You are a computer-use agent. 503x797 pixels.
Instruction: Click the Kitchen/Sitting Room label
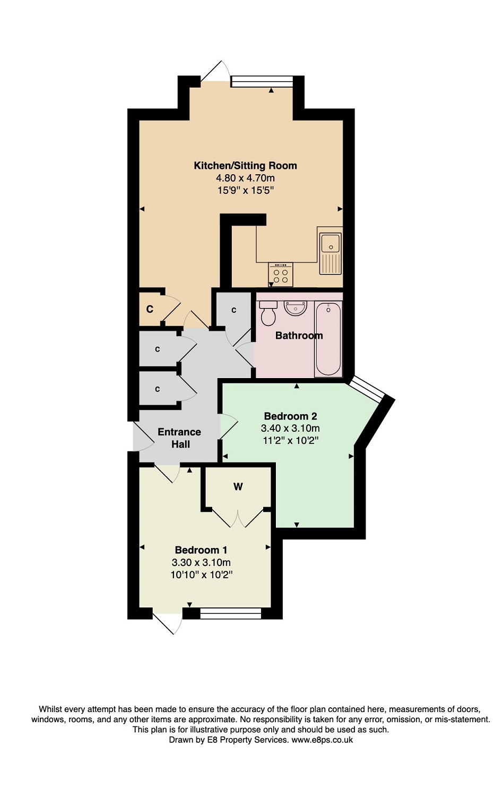(x=245, y=166)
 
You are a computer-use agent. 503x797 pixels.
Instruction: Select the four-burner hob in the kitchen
(x=281, y=273)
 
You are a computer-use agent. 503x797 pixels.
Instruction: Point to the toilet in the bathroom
(x=268, y=313)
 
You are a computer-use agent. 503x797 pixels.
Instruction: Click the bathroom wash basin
(x=295, y=307)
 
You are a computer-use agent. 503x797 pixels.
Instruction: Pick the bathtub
(x=328, y=339)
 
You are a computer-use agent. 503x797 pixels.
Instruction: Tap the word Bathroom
(x=299, y=336)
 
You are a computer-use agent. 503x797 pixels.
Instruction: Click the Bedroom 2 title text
(x=290, y=416)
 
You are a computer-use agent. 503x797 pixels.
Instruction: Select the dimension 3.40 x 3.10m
(x=290, y=428)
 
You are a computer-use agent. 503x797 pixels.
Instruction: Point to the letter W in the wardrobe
(x=238, y=486)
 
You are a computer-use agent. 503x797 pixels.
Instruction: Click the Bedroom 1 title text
(x=201, y=550)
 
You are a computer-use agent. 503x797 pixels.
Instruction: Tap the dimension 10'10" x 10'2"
(x=202, y=575)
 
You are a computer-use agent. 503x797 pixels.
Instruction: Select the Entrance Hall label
(x=179, y=438)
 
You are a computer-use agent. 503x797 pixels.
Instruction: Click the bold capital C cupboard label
(x=150, y=309)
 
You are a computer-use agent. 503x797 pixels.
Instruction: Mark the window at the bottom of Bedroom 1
(x=231, y=614)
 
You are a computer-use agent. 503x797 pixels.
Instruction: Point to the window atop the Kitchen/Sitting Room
(x=262, y=81)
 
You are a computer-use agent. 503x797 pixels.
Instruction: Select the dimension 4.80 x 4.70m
(x=245, y=178)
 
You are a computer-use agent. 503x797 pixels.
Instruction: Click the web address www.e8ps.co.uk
(x=322, y=740)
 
